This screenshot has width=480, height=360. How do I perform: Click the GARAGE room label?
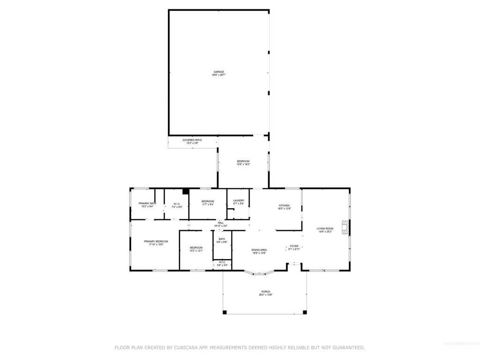point(218,74)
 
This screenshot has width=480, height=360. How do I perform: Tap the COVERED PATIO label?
point(192,142)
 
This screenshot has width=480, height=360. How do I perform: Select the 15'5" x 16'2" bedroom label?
point(243,163)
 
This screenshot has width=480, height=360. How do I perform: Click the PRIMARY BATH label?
point(146,205)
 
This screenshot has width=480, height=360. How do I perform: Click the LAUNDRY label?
point(239,202)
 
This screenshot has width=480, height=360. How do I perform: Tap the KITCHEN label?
point(285,207)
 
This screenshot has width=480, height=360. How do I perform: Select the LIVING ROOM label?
point(325,230)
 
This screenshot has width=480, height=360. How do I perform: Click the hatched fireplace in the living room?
point(345,227)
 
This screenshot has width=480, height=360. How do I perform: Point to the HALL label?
point(221,224)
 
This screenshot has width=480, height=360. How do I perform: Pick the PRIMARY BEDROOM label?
point(156,242)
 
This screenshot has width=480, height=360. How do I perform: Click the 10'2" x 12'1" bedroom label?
point(196,249)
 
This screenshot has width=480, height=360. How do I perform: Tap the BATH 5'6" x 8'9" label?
point(222,240)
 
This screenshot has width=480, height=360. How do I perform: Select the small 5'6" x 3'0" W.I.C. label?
point(222,263)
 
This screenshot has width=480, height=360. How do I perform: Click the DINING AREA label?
point(259,251)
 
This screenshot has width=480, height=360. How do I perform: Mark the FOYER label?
point(294,247)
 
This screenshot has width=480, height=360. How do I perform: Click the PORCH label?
point(265,293)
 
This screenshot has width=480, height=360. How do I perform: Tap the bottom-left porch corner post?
point(225,312)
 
